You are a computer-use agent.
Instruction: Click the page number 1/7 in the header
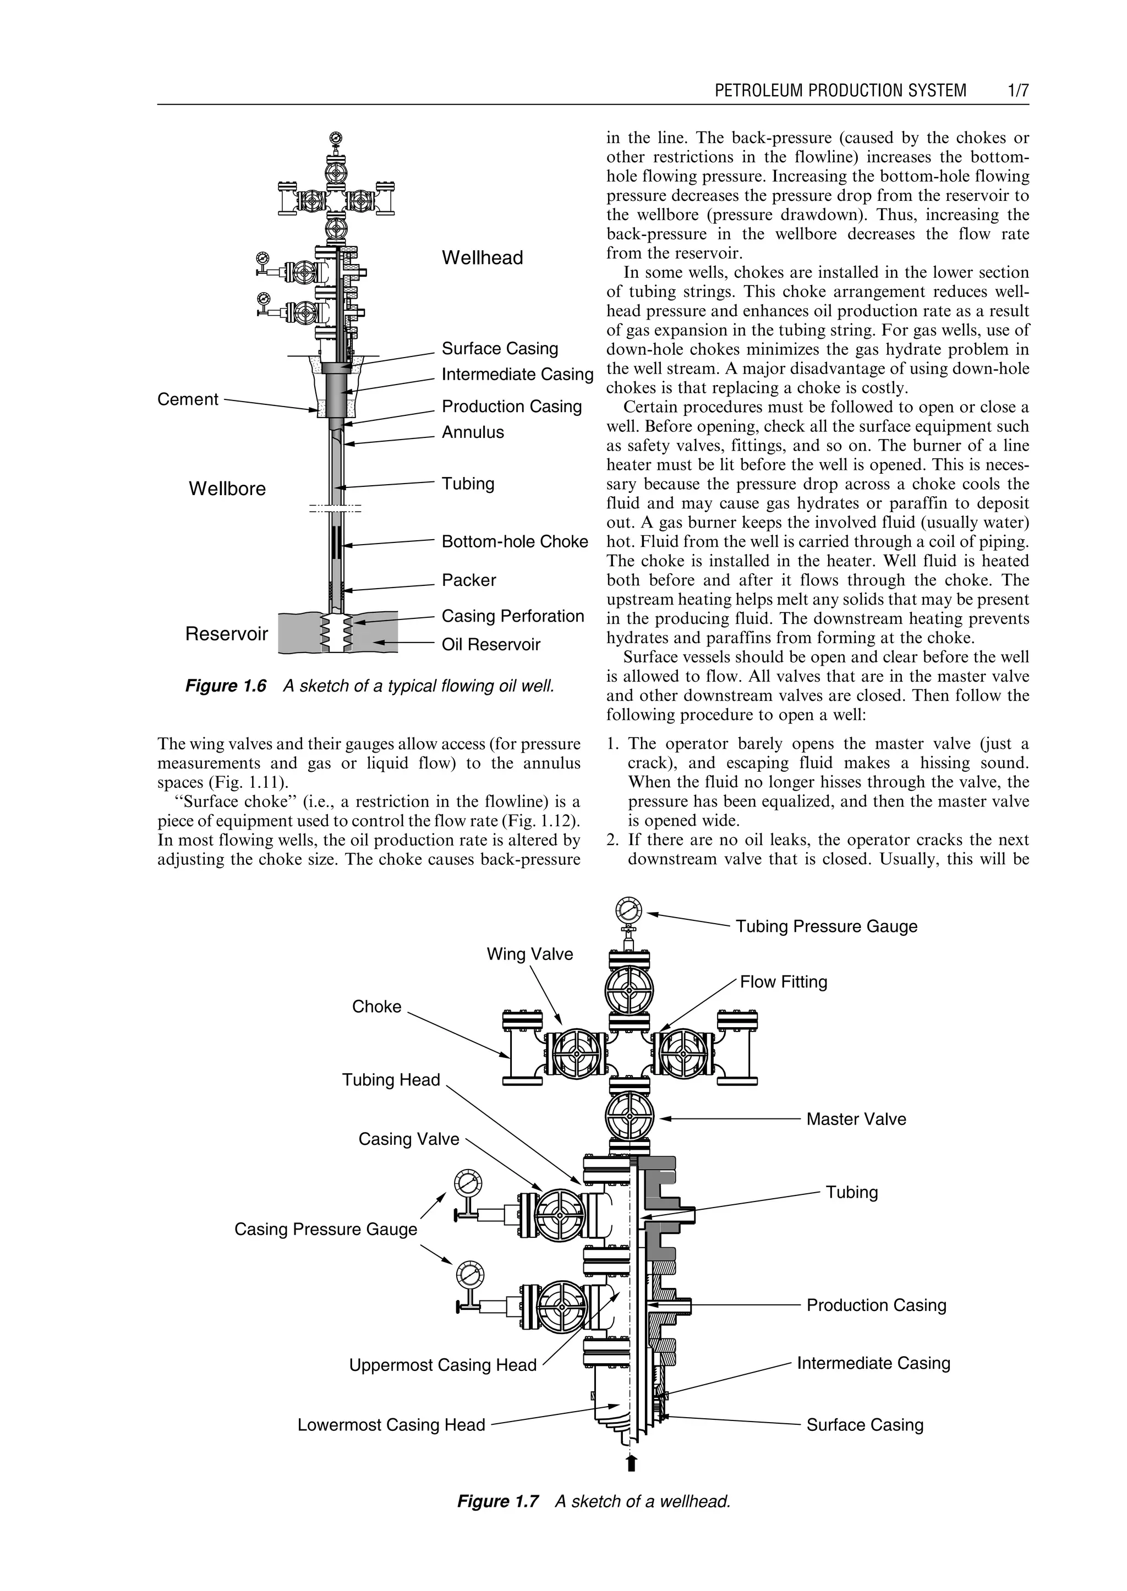pyautogui.click(x=1017, y=90)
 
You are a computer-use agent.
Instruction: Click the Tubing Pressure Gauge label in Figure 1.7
pyautogui.click(x=826, y=926)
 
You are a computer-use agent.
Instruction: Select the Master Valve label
pyautogui.click(x=856, y=1118)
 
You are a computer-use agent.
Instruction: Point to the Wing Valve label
pyautogui.click(x=529, y=954)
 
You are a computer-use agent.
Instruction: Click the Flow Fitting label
pyautogui.click(x=784, y=982)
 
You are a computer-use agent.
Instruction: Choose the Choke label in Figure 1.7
pyautogui.click(x=376, y=1006)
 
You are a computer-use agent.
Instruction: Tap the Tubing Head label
pyautogui.click(x=391, y=1079)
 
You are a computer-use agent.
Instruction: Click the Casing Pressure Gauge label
pyautogui.click(x=325, y=1229)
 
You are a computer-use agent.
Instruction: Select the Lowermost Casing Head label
pyautogui.click(x=391, y=1424)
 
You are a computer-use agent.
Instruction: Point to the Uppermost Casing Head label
pyautogui.click(x=443, y=1365)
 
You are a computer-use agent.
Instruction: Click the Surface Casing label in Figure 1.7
pyautogui.click(x=865, y=1424)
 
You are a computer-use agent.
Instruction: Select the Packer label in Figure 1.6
pyautogui.click(x=468, y=579)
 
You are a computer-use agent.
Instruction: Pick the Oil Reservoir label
pyautogui.click(x=491, y=645)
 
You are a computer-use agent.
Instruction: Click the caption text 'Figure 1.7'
pyautogui.click(x=497, y=1501)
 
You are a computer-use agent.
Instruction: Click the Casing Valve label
pyautogui.click(x=409, y=1139)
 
